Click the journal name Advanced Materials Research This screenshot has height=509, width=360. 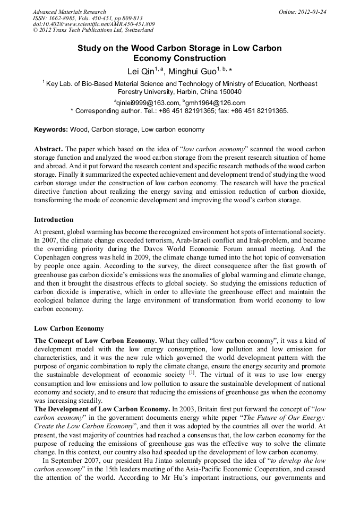coord(69,12)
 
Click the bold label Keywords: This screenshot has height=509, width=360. coord(51,130)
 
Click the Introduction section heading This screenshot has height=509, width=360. coord(54,220)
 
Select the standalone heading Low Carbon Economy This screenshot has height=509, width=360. coord(69,329)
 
